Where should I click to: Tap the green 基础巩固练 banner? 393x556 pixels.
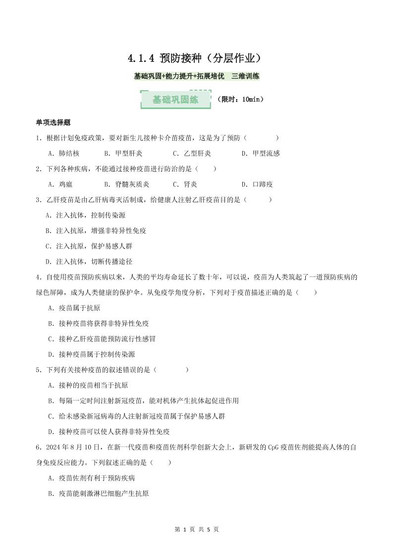pyautogui.click(x=175, y=99)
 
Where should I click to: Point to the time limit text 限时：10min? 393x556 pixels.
pyautogui.click(x=240, y=99)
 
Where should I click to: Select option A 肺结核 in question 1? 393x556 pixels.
pyautogui.click(x=63, y=153)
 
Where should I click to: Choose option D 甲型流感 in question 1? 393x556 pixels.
pyautogui.click(x=261, y=153)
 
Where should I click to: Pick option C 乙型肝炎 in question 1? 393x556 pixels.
pyautogui.click(x=192, y=153)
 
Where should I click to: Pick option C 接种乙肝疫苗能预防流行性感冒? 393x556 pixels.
pyautogui.click(x=102, y=339)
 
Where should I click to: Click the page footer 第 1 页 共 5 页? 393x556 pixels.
pyautogui.click(x=197, y=529)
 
